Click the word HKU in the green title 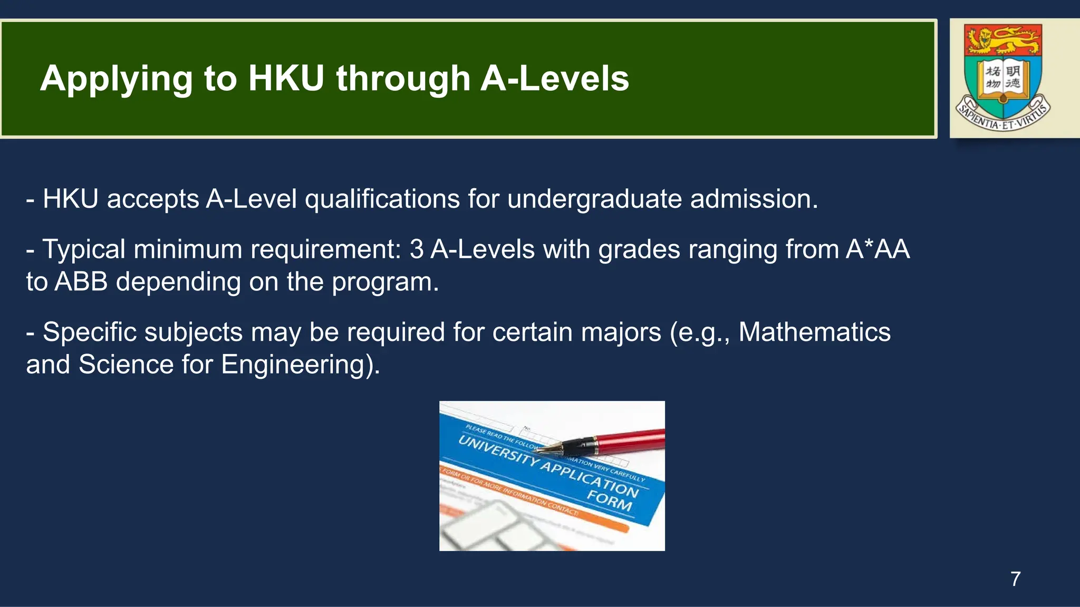286,79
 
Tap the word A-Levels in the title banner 555,79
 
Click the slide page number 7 1015,579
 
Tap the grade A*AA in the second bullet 877,249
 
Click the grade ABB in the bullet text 81,282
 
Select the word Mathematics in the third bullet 814,332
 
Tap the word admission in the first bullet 754,199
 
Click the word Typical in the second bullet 83,249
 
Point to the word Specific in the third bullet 90,332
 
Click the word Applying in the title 116,79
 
